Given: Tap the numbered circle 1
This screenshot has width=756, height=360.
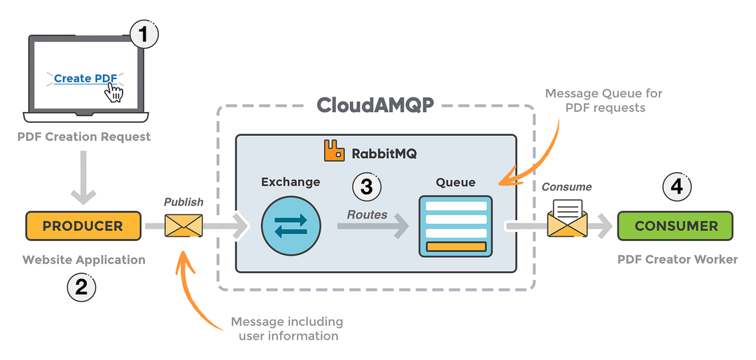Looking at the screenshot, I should (144, 34).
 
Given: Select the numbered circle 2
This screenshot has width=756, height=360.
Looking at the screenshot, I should (81, 286).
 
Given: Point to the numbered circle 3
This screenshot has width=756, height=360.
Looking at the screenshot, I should (367, 186).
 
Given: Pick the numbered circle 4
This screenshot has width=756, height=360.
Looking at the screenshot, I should (676, 186).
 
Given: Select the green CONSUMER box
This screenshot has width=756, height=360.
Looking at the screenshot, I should (675, 226).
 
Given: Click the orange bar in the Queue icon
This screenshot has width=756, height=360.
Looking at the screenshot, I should (456, 247).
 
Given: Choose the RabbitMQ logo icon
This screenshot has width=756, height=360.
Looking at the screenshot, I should (333, 150).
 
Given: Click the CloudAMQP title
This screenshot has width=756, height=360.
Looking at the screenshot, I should (375, 105).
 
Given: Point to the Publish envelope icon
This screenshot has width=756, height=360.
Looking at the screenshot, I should (183, 226).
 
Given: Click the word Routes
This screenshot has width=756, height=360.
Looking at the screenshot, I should (367, 214).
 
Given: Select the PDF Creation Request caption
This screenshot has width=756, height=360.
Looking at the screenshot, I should (84, 137).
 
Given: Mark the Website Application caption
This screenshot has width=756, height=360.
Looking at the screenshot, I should (84, 260).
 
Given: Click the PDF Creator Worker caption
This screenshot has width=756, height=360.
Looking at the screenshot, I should (677, 260).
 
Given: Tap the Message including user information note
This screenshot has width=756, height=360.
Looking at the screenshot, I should (287, 328).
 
